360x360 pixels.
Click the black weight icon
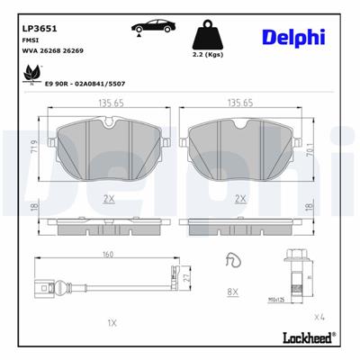[x=208, y=38]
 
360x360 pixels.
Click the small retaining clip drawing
[x=233, y=261]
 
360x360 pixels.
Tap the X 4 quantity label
[x=319, y=318]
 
